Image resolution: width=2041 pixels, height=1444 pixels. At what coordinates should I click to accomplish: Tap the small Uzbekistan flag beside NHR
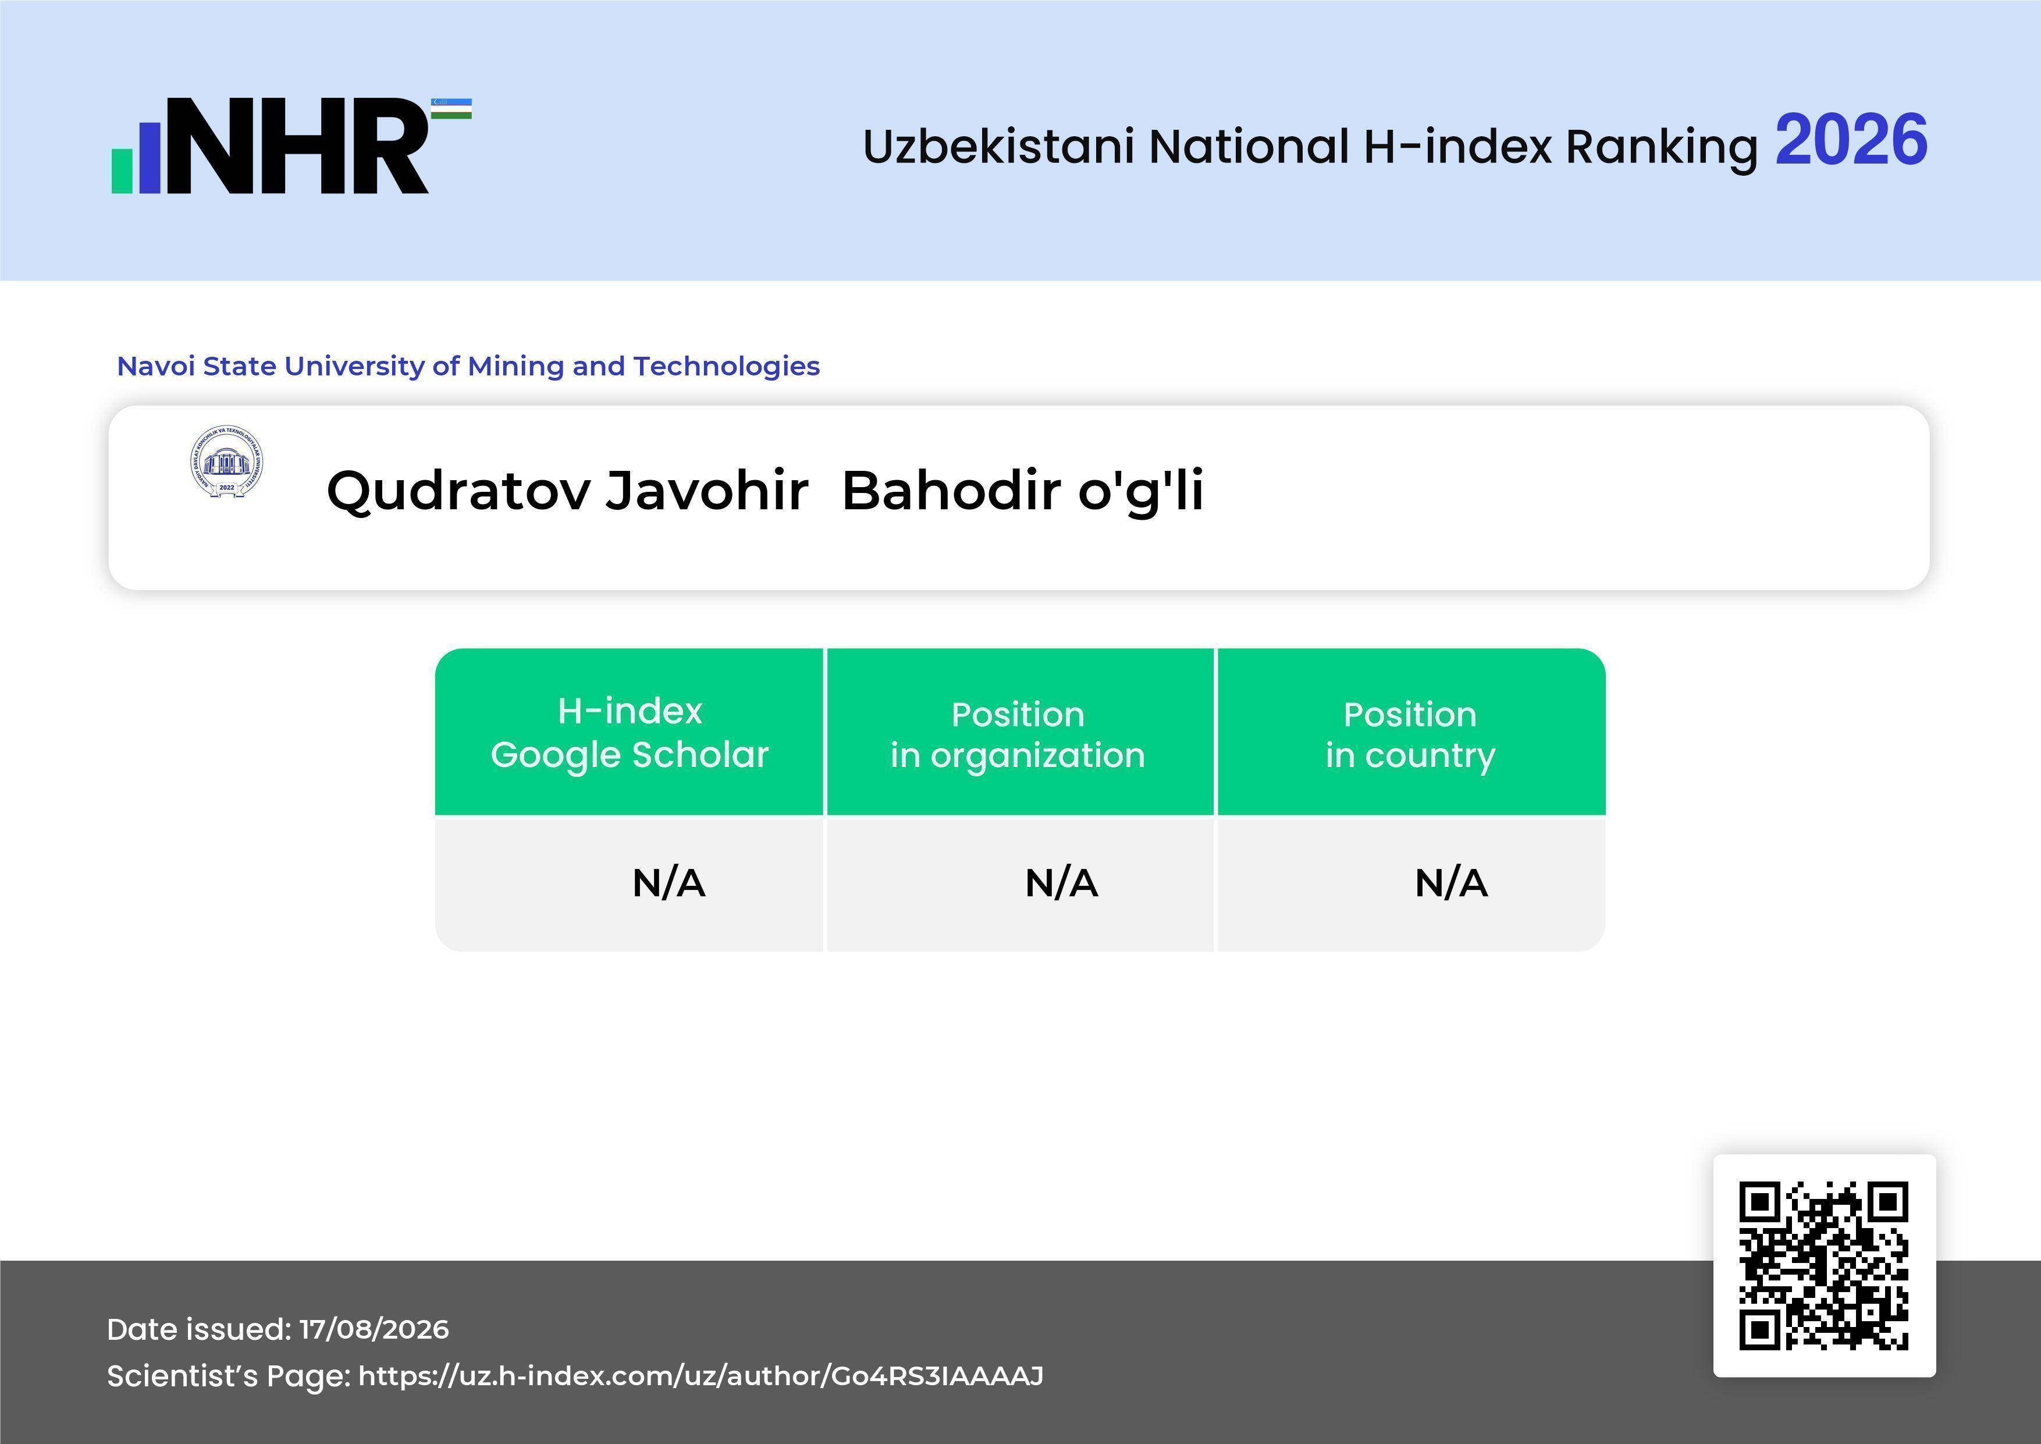pyautogui.click(x=451, y=108)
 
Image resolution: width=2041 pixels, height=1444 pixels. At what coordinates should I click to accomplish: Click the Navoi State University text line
pyautogui.click(x=468, y=366)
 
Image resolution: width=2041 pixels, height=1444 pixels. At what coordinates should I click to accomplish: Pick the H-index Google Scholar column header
pyautogui.click(x=630, y=733)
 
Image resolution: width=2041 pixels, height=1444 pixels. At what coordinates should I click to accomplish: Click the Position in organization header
pyautogui.click(x=1018, y=735)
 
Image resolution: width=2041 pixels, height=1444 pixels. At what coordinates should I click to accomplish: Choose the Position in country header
pyautogui.click(x=1410, y=735)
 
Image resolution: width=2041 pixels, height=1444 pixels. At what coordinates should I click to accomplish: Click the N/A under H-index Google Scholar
pyautogui.click(x=669, y=883)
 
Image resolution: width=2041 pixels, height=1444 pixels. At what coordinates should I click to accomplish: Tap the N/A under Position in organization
pyautogui.click(x=1061, y=883)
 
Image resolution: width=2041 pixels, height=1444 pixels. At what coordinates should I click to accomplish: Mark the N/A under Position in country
pyautogui.click(x=1450, y=883)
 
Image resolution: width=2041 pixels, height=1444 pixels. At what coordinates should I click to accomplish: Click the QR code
pyautogui.click(x=1824, y=1265)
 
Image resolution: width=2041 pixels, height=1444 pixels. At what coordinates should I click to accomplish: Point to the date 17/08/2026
pyautogui.click(x=374, y=1329)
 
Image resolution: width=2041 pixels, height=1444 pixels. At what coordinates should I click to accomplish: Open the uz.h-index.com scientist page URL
pyautogui.click(x=701, y=1376)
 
